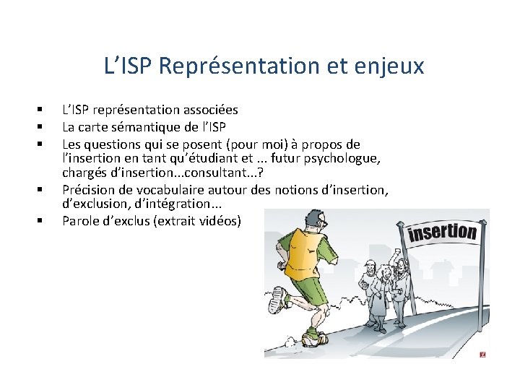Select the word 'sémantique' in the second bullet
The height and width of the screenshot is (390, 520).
153,128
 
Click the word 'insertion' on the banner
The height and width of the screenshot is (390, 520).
443,233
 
